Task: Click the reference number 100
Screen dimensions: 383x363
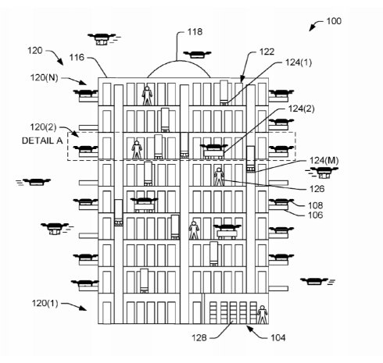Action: tap(334, 21)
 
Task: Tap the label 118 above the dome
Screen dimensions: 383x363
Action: tap(195, 32)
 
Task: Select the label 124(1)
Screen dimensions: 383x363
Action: tap(299, 62)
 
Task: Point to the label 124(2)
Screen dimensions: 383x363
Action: tap(301, 109)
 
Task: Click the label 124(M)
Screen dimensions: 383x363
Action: tap(324, 161)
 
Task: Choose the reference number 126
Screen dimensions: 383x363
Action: tap(317, 189)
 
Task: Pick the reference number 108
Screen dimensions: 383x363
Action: tap(316, 205)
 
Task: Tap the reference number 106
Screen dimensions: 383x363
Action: tap(316, 215)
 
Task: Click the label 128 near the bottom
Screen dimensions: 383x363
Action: tap(199, 338)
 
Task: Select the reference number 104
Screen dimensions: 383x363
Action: tap(278, 338)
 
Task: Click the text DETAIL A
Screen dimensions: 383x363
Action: tap(42, 141)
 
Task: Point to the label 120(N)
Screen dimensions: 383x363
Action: tap(45, 77)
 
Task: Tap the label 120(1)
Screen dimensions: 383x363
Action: tap(45, 303)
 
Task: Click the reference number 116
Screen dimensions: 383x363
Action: tap(77, 57)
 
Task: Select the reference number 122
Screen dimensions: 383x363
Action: tap(267, 52)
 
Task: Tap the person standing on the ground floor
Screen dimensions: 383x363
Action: tap(263, 315)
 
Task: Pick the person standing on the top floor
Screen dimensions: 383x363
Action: tap(147, 96)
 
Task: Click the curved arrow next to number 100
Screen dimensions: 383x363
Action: tap(316, 25)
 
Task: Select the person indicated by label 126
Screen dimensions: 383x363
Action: tap(219, 176)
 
